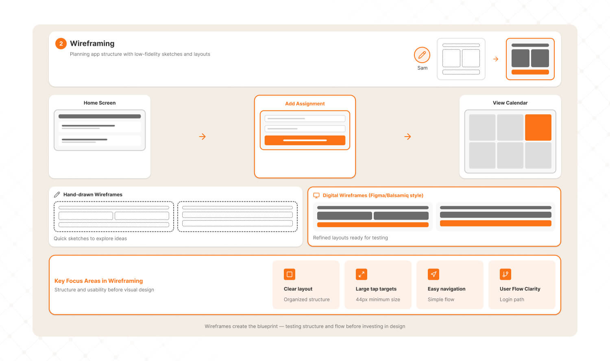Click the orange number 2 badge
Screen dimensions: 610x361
[61, 43]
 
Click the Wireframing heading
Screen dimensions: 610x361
[92, 43]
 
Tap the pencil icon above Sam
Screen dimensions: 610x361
[422, 55]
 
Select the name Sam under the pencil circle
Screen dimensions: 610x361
[423, 68]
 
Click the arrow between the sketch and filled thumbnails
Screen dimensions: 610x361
[496, 59]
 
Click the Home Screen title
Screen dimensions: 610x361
[100, 103]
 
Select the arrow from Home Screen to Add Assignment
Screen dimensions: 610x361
[203, 137]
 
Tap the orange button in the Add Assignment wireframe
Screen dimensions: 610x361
[305, 140]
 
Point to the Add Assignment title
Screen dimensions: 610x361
[305, 104]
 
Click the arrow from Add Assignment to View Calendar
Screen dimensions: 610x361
[407, 137]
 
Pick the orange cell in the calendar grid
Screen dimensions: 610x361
[538, 127]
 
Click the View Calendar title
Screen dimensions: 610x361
[510, 103]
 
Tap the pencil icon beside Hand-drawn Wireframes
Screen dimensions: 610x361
[57, 195]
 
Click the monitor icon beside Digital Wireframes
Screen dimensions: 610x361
[316, 195]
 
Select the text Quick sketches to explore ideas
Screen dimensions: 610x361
[90, 239]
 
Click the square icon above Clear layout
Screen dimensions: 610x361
[290, 274]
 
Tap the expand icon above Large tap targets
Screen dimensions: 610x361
[362, 274]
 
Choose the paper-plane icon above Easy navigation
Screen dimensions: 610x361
[434, 274]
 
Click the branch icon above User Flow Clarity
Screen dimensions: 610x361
[505, 274]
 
